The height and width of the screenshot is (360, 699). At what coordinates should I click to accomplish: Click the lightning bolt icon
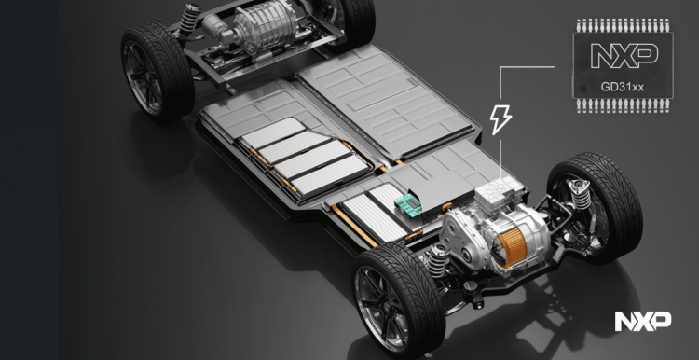(x=500, y=119)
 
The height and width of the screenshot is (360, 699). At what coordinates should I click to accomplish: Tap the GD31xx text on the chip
(x=623, y=87)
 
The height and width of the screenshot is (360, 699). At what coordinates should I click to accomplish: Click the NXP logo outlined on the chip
(x=624, y=56)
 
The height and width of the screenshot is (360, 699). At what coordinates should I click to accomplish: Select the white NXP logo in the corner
(x=643, y=321)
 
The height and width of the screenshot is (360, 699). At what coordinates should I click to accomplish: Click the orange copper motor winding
(x=512, y=247)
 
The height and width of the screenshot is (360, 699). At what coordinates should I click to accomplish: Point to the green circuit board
(x=408, y=206)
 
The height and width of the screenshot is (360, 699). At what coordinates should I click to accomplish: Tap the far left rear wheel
(x=157, y=73)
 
